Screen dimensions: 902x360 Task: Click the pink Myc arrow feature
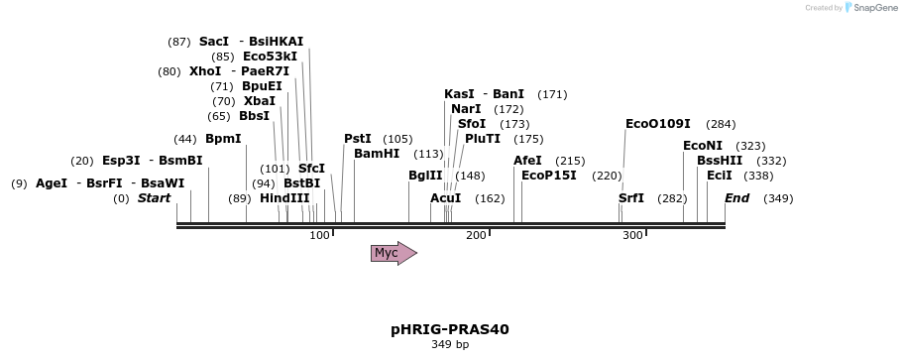click(394, 253)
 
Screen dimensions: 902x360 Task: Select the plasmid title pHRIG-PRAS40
click(450, 329)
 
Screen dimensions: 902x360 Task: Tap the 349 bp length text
click(450, 344)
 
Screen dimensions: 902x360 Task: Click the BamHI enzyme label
click(377, 154)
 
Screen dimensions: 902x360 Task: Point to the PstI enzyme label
click(358, 139)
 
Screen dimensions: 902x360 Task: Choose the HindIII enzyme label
click(284, 198)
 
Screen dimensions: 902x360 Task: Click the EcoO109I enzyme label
click(658, 124)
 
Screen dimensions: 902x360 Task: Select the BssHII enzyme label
click(720, 161)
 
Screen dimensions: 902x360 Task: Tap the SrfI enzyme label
click(631, 198)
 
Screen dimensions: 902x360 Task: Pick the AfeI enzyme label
click(527, 161)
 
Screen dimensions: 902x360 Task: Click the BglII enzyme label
click(425, 176)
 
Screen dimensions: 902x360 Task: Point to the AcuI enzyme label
click(446, 198)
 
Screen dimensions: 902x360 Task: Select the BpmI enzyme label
click(223, 139)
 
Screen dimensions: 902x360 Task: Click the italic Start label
click(154, 198)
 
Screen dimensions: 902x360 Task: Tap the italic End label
click(736, 198)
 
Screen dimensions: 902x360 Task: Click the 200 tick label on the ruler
click(477, 235)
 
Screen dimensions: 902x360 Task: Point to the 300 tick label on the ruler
click(633, 235)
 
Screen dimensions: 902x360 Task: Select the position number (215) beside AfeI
click(570, 161)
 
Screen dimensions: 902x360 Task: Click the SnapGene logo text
click(875, 8)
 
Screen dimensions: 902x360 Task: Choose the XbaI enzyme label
click(260, 101)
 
